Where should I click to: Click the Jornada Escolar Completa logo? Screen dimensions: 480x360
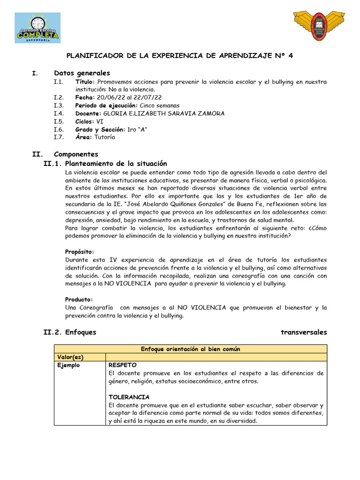[37, 28]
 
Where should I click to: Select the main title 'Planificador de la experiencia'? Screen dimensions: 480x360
[180, 55]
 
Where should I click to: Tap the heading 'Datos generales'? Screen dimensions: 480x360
[82, 73]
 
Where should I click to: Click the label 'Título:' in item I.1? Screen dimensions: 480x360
[85, 82]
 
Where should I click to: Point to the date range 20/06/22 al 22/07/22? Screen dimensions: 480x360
[128, 97]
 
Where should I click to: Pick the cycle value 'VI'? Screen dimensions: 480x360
[100, 121]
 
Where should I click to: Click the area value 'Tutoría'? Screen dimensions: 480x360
[105, 137]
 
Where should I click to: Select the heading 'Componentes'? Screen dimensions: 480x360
[76, 154]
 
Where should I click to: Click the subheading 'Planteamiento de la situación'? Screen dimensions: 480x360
[116, 164]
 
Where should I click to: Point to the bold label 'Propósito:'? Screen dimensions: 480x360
[80, 252]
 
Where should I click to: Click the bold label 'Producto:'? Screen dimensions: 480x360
[79, 300]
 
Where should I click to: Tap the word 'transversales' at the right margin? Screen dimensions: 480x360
[304, 332]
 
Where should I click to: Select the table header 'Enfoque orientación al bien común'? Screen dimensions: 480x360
[190, 349]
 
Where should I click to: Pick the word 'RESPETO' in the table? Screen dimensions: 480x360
[122, 365]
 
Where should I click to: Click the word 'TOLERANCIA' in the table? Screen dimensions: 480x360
[129, 397]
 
